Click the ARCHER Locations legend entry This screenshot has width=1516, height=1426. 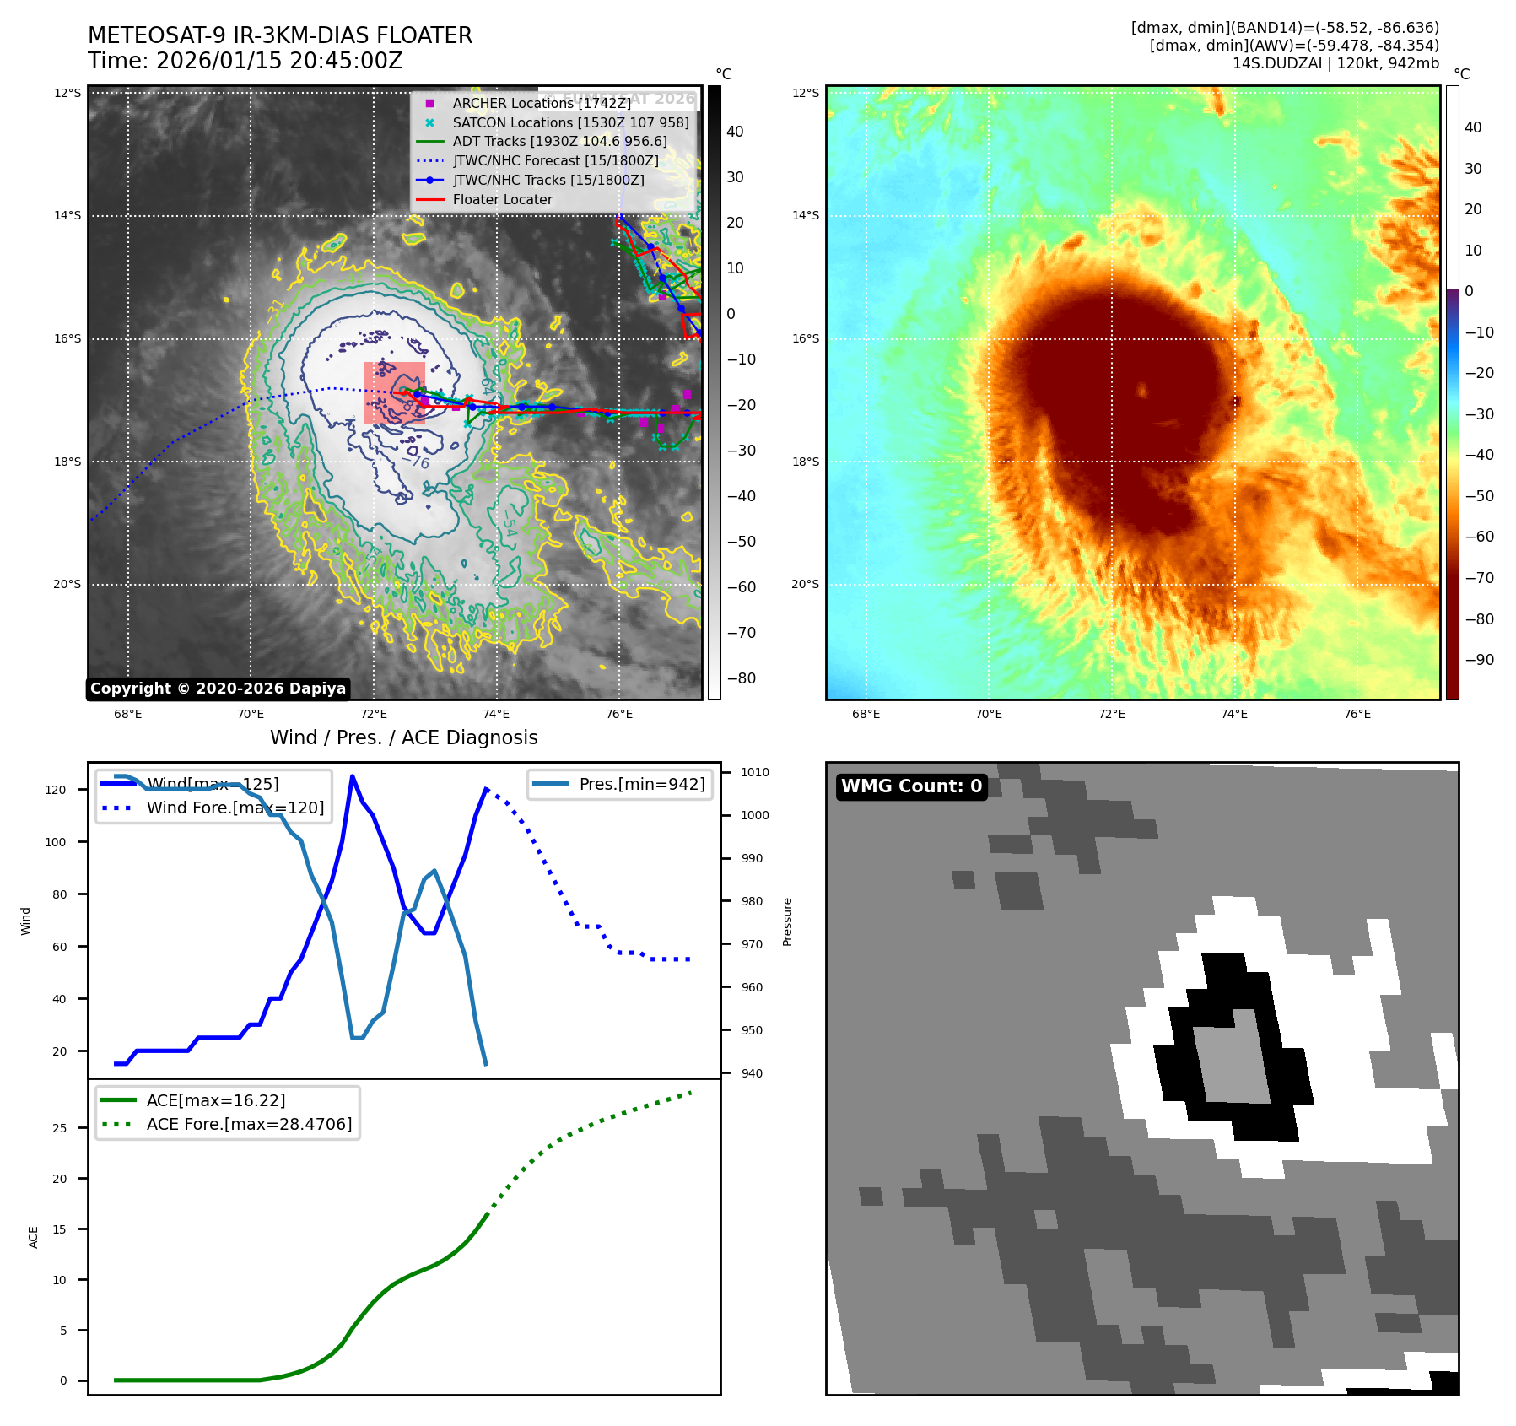pyautogui.click(x=541, y=103)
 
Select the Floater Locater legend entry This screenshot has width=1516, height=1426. pyautogui.click(x=502, y=199)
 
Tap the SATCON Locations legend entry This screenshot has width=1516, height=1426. pyautogui.click(x=570, y=122)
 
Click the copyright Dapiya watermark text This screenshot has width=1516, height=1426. pyautogui.click(x=218, y=689)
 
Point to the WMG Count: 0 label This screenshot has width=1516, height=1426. pyautogui.click(x=911, y=786)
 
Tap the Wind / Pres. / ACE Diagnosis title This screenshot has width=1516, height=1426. pyautogui.click(x=403, y=737)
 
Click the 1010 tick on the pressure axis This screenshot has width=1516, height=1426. pyautogui.click(x=755, y=772)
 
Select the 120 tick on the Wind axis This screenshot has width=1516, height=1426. pyautogui.click(x=56, y=790)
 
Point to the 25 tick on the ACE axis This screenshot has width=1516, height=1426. pyautogui.click(x=59, y=1128)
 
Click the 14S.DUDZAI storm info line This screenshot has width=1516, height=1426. pyautogui.click(x=1335, y=63)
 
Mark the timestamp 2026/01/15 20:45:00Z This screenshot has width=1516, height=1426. pyautogui.click(x=279, y=61)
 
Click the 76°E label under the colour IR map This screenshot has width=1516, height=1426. pyautogui.click(x=1357, y=714)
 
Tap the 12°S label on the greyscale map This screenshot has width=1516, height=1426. pyautogui.click(x=67, y=93)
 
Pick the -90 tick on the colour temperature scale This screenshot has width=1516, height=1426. pyautogui.click(x=1479, y=660)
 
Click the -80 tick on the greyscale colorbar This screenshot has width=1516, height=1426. pyautogui.click(x=742, y=678)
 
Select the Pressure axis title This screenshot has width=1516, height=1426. pyautogui.click(x=787, y=921)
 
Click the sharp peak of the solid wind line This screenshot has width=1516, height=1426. pyautogui.click(x=352, y=776)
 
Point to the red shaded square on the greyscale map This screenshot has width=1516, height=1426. pyautogui.click(x=393, y=392)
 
